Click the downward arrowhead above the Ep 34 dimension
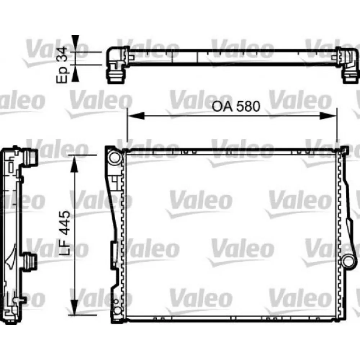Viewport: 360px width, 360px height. [x=75, y=42]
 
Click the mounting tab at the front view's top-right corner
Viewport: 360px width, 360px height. [x=344, y=149]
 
